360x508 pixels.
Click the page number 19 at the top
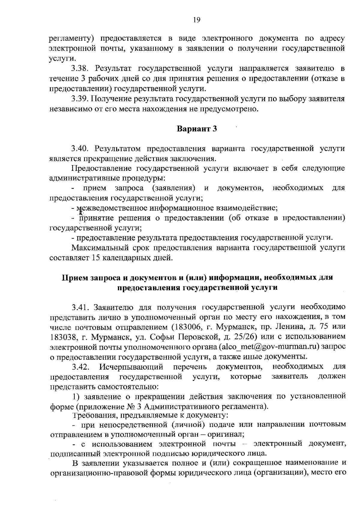[196, 20]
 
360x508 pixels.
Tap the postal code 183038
[62, 337]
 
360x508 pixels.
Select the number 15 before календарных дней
[94, 258]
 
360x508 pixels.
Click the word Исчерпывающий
[131, 366]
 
